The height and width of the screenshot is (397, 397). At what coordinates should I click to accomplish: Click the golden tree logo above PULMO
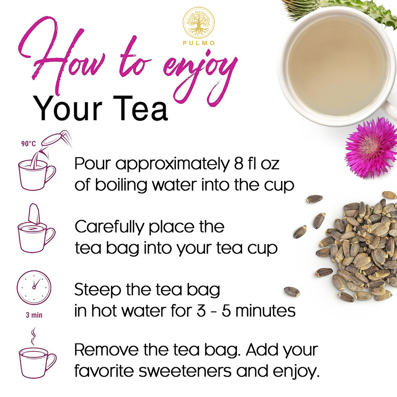coord(198,22)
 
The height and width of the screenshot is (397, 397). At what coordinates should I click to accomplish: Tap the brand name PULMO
coord(198,43)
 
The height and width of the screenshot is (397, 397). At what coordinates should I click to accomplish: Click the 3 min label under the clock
coord(34,316)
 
